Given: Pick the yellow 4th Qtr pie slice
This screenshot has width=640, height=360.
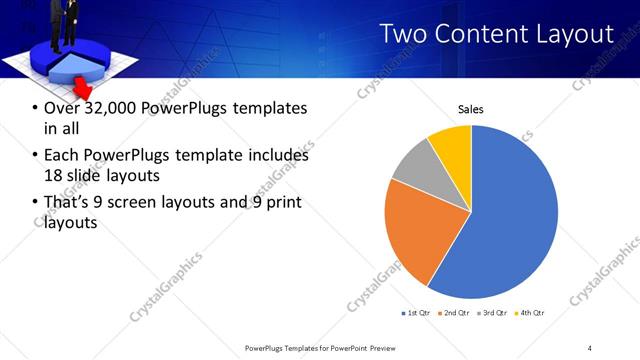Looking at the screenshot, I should click(x=451, y=145).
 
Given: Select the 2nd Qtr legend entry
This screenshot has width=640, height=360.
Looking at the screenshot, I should click(x=455, y=313).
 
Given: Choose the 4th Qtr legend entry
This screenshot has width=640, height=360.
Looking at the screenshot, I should click(x=531, y=313).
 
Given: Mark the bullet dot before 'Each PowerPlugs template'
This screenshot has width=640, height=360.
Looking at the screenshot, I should click(x=35, y=156).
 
